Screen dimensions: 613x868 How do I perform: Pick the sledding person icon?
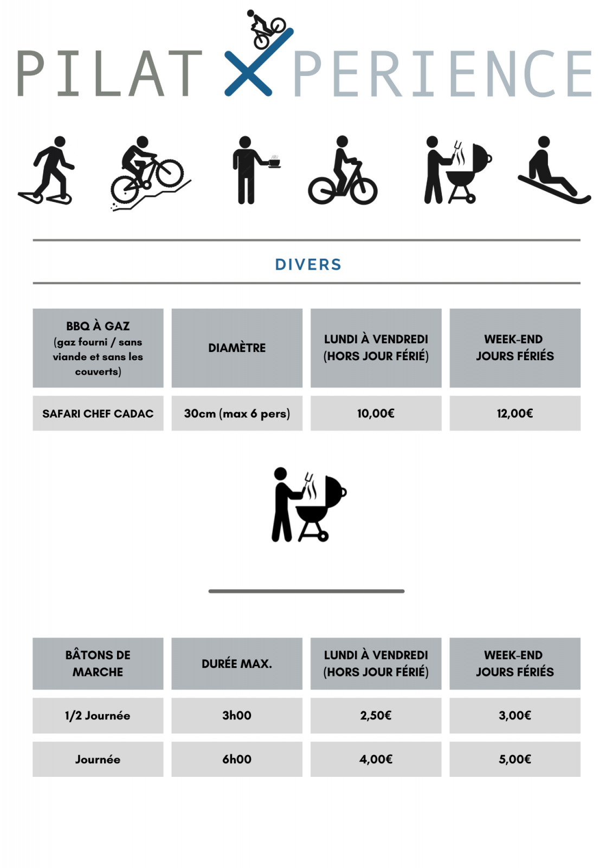554,170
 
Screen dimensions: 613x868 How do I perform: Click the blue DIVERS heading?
308,265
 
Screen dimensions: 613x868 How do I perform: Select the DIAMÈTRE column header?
237,348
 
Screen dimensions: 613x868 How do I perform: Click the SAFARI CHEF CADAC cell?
98,413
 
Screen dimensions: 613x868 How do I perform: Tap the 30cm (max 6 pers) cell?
237,413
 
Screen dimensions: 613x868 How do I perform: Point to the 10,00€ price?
376,413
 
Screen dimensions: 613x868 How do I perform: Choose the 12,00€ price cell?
515,413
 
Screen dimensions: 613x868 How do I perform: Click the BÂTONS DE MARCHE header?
98,663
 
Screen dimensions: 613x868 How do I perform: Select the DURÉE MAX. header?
237,663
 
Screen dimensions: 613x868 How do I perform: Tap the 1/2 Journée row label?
98,716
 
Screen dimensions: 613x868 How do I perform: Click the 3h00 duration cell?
237,716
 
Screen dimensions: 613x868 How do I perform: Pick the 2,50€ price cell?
376,716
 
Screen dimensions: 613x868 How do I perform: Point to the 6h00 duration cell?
237,759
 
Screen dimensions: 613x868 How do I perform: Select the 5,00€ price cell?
515,759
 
